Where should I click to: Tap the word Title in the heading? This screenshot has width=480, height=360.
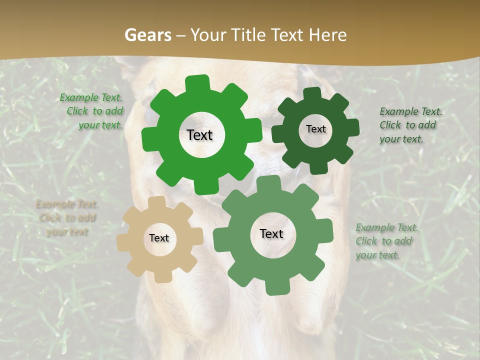(x=247, y=35)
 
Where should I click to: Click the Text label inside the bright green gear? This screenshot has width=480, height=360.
(x=199, y=135)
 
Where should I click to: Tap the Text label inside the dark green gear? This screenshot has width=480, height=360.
(x=315, y=129)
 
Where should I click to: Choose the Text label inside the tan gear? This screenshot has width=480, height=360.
(x=159, y=238)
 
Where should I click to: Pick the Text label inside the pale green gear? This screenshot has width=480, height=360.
(x=271, y=234)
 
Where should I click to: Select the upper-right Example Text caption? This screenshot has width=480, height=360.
(x=410, y=125)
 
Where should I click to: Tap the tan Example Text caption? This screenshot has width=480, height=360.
(x=67, y=218)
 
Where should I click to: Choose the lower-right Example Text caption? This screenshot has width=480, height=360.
(x=386, y=241)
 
